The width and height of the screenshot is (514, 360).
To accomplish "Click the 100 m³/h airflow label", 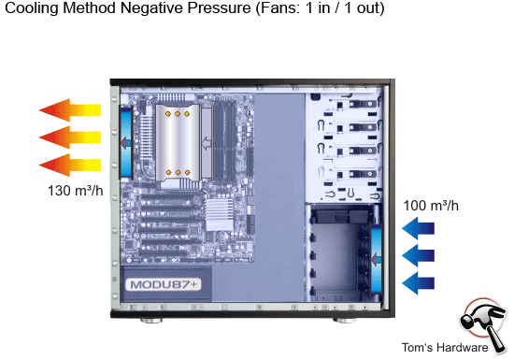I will point(430,205).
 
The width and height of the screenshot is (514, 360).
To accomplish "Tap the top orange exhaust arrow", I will point(70,110).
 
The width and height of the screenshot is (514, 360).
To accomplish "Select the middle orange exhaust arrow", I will point(70,138).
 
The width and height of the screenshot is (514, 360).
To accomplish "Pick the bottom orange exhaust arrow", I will point(70,166).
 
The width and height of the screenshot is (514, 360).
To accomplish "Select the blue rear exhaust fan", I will point(125,141).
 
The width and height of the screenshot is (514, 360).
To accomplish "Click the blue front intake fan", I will point(376,255).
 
